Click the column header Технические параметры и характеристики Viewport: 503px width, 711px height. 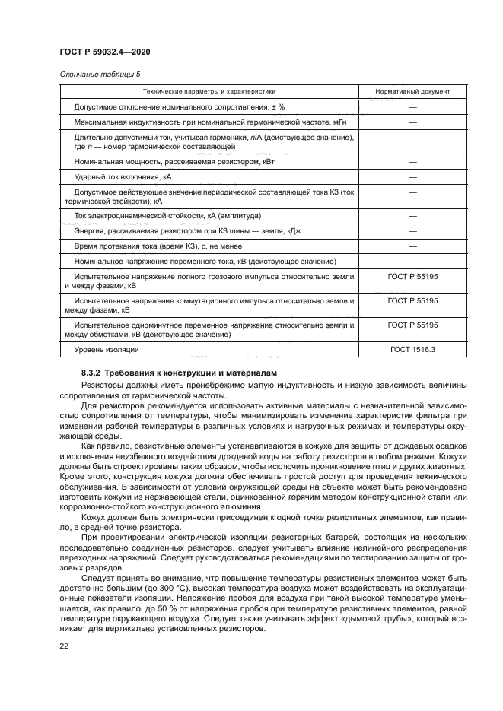click(209, 91)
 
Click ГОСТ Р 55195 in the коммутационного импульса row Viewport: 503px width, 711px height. click(412, 300)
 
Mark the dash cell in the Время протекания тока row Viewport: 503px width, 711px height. click(412, 246)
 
